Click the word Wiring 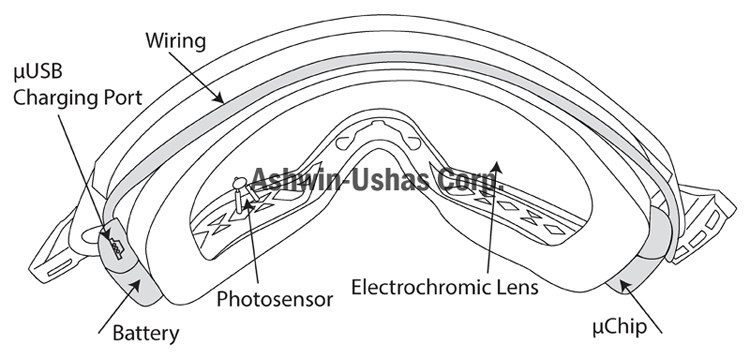(176, 42)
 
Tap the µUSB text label (38, 73)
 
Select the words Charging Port (77, 98)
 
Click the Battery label (146, 333)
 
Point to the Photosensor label (275, 299)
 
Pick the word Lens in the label (515, 287)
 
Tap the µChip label (619, 328)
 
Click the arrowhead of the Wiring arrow (219, 98)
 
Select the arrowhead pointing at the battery (137, 284)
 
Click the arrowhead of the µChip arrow (623, 286)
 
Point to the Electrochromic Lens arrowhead (497, 166)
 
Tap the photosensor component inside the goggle (243, 193)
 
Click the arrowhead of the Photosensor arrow (248, 207)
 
